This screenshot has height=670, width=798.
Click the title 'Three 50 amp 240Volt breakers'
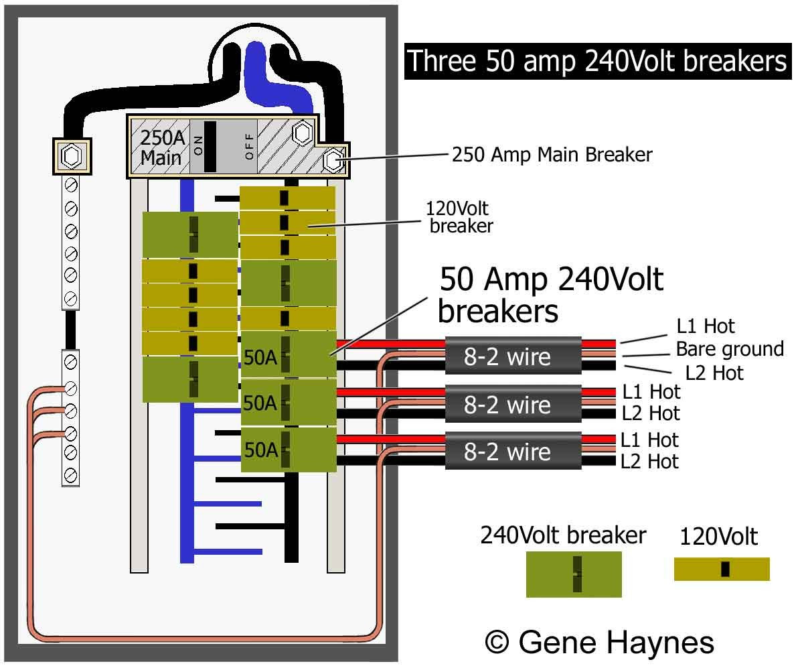[x=597, y=61]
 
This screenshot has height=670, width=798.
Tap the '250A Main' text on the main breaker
[x=161, y=148]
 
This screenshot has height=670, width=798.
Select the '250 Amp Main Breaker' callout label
[x=552, y=155]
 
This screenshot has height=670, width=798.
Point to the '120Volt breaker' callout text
[x=461, y=217]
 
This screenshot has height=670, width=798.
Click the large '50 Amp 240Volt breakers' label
[x=550, y=295]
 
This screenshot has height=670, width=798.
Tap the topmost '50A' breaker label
[x=260, y=358]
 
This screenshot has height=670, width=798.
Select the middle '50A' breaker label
[x=260, y=403]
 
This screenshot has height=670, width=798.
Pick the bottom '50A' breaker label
[x=260, y=450]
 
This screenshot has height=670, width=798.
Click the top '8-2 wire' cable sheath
[x=513, y=356]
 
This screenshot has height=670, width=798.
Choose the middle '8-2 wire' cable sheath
[x=513, y=404]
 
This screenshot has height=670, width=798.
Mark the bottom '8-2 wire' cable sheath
[x=513, y=452]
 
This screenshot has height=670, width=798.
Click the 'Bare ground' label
[x=729, y=349]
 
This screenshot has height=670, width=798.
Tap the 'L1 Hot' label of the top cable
[x=706, y=326]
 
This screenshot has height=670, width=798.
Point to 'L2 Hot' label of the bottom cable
[x=649, y=462]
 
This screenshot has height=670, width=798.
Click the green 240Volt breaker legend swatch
[x=574, y=574]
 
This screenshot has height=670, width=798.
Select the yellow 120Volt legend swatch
[x=722, y=569]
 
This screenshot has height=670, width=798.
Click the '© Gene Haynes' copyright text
[x=599, y=642]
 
